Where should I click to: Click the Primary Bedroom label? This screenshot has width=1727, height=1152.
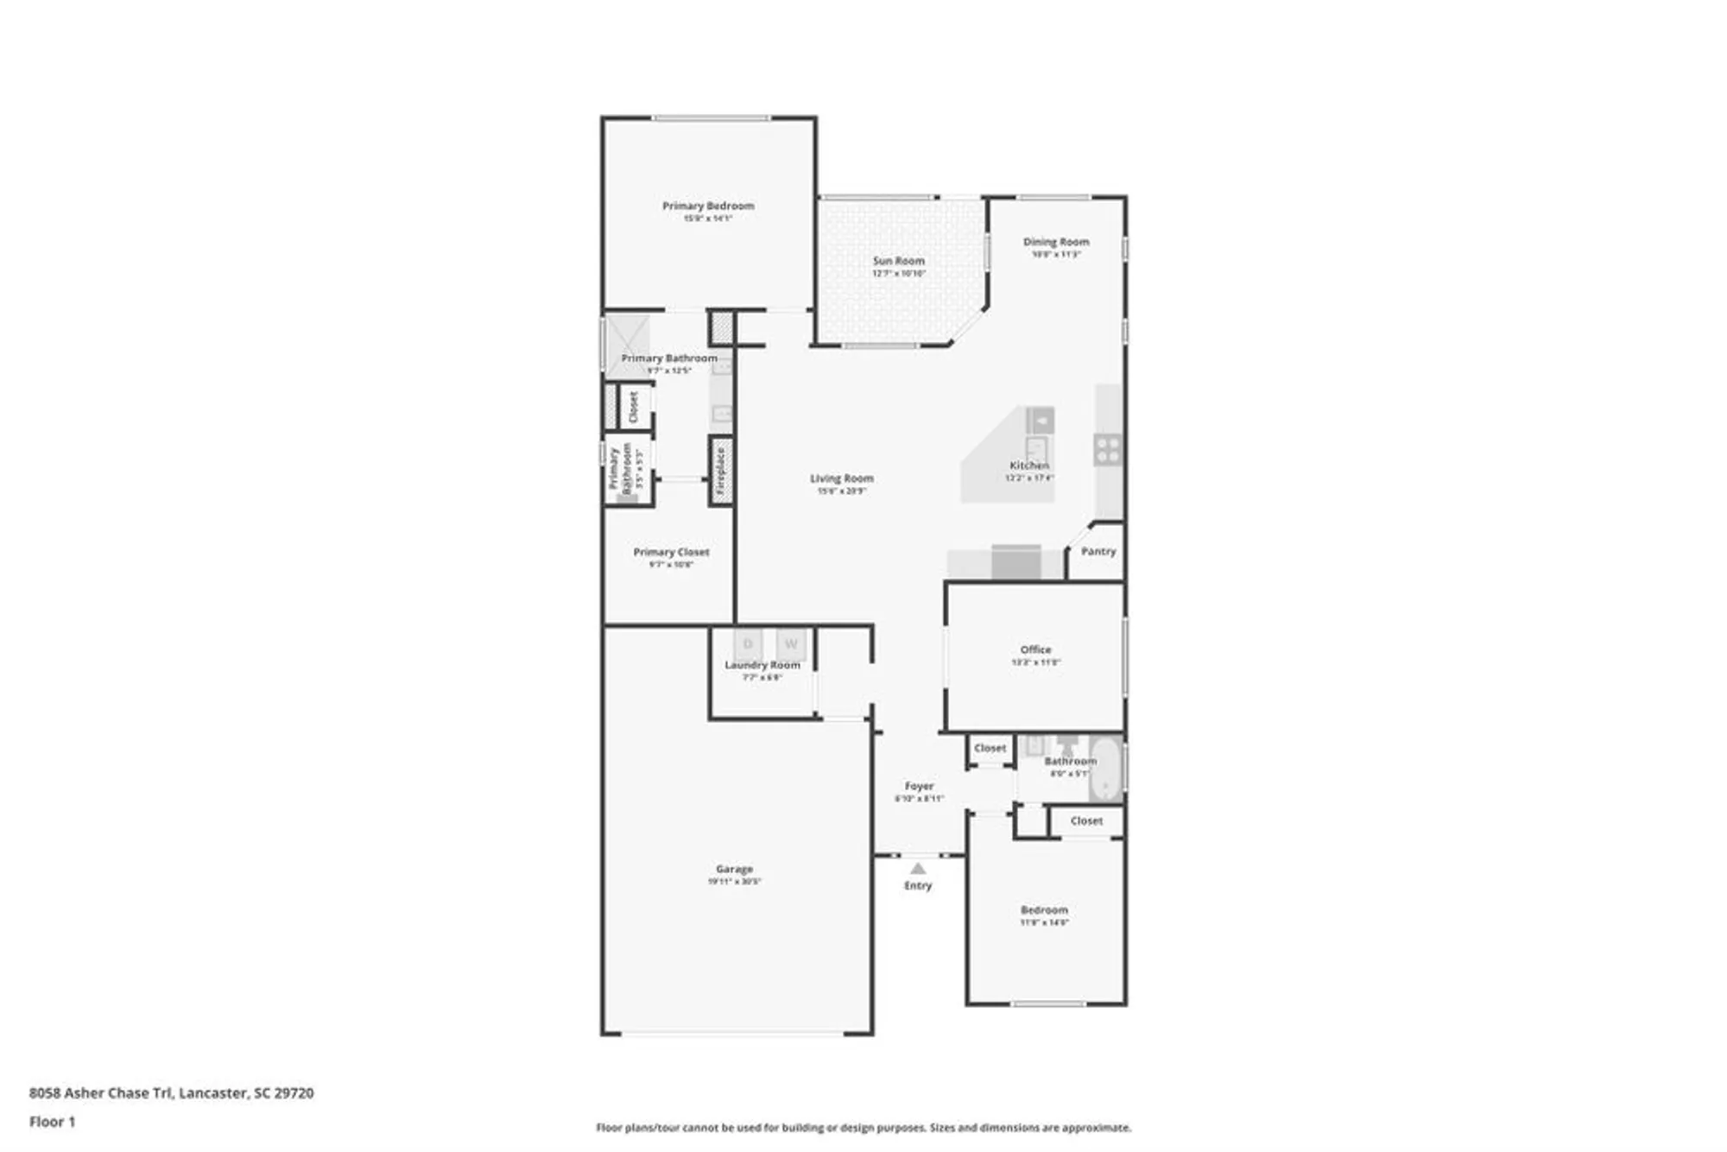[708, 206]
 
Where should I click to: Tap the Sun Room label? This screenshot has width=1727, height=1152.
[898, 261]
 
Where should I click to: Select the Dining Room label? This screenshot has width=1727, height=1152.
[1056, 242]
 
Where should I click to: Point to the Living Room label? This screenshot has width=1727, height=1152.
[841, 478]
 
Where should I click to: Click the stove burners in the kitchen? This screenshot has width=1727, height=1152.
[1107, 450]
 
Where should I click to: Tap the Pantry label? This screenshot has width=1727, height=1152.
[1098, 551]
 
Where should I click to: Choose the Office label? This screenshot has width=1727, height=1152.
[1035, 649]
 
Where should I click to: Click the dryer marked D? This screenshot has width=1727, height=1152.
[748, 644]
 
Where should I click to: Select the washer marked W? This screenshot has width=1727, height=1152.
[791, 644]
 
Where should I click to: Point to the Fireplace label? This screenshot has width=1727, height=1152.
[721, 471]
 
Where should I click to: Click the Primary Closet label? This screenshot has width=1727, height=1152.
[671, 552]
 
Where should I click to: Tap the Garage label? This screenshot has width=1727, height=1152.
[734, 869]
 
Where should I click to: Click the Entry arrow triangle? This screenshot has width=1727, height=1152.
[918, 869]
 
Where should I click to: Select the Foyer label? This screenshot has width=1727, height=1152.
[919, 786]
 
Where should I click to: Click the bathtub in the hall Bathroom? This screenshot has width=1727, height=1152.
[1104, 769]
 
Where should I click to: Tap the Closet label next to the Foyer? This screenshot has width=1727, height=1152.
[990, 748]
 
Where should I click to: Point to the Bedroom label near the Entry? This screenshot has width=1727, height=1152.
[1044, 909]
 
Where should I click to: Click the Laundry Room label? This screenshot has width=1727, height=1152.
[762, 665]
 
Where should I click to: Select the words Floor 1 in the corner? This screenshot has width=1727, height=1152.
[53, 1122]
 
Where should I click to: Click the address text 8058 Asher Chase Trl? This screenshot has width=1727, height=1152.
[101, 1092]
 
